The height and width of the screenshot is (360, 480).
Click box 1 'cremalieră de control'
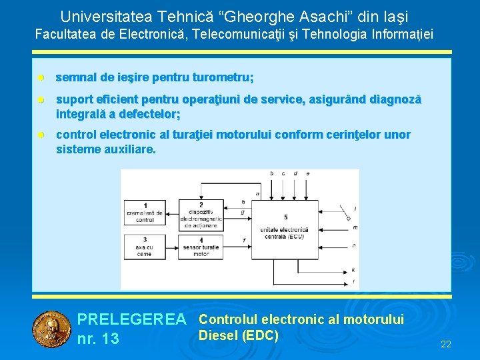145,213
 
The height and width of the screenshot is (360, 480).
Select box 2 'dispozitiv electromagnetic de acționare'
201,213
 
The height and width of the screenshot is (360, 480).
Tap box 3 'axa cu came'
145,247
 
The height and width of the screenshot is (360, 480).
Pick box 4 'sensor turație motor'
201,247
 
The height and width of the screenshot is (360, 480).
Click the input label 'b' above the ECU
271,173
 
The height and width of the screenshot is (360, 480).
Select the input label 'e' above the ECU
307,173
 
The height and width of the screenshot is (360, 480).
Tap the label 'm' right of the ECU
355,227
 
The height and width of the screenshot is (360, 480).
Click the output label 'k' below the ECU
353,269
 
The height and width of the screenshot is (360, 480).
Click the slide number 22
446,344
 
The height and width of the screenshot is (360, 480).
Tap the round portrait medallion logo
52,329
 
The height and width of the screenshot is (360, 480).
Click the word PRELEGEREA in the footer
132,321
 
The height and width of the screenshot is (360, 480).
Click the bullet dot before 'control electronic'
41,135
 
